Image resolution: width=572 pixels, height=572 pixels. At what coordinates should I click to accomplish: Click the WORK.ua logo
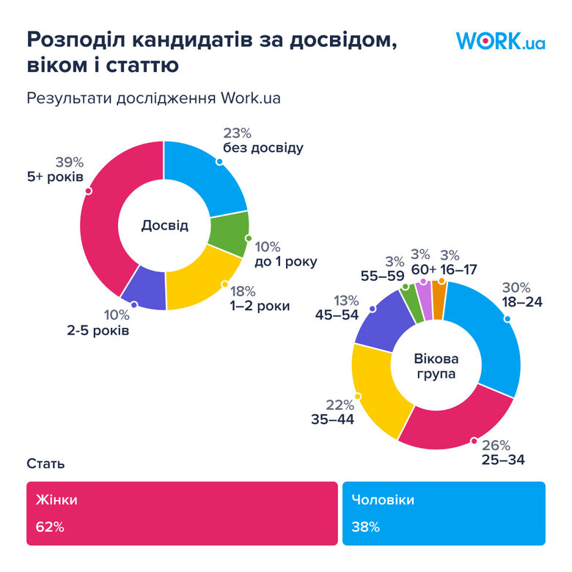pyautogui.click(x=500, y=40)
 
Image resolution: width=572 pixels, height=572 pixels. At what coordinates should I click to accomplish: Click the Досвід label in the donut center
pyautogui.click(x=164, y=225)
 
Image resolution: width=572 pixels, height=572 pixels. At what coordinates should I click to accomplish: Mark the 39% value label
pyautogui.click(x=70, y=162)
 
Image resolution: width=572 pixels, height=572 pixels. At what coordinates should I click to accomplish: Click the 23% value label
pyautogui.click(x=237, y=133)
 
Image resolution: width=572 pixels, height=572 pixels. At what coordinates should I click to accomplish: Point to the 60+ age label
pyautogui.click(x=423, y=269)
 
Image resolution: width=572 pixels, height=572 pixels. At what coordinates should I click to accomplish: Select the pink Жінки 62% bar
pyautogui.click(x=182, y=513)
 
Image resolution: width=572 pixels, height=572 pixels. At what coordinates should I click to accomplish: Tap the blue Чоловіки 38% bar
pyautogui.click(x=444, y=513)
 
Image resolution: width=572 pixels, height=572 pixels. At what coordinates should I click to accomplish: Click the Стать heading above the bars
pyautogui.click(x=45, y=463)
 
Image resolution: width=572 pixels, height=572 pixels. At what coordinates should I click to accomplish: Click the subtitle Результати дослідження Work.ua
pyautogui.click(x=153, y=98)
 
